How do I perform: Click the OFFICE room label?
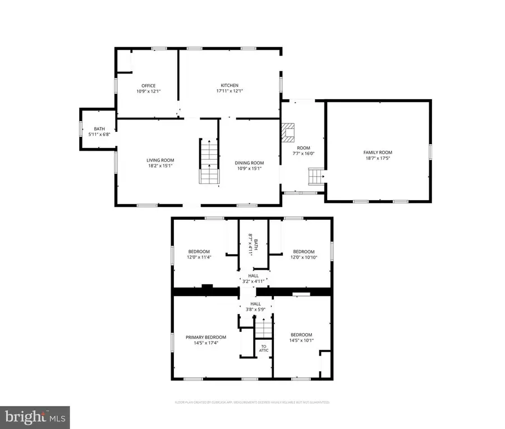[x=149, y=86]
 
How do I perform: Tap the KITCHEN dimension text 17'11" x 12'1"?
[x=229, y=91]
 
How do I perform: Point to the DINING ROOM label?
[x=249, y=163]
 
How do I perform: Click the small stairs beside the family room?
[x=315, y=177]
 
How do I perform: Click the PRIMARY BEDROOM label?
[x=206, y=337]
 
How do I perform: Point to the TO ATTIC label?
[x=264, y=348]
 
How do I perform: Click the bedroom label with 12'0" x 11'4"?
[x=199, y=251]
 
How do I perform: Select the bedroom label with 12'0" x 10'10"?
[x=303, y=252]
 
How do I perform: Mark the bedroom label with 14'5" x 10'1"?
[x=301, y=335]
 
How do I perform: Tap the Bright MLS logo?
[x=35, y=417]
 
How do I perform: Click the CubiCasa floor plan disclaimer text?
[x=252, y=402]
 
